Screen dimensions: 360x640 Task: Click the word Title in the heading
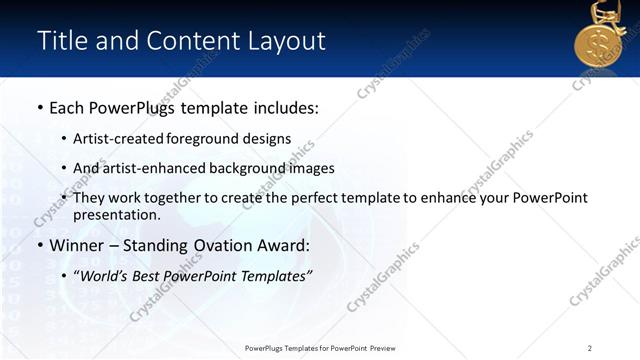(x=59, y=41)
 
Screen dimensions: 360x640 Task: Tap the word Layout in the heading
(x=285, y=41)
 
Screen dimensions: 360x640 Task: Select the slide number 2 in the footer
(x=589, y=347)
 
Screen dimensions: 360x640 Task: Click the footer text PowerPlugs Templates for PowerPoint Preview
(x=320, y=347)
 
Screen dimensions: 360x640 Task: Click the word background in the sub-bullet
(x=243, y=169)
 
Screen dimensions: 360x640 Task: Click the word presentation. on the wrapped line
(x=116, y=215)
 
